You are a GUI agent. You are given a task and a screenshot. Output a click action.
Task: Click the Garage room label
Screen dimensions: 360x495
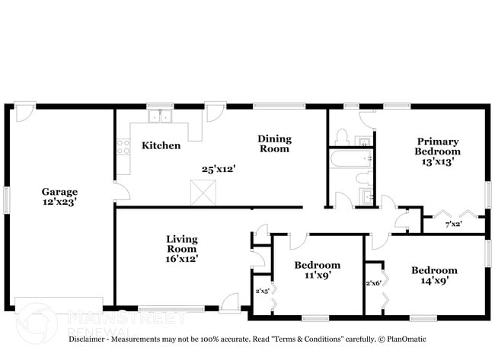click(x=59, y=193)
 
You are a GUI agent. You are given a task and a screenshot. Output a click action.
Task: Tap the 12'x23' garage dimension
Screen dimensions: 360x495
click(x=59, y=203)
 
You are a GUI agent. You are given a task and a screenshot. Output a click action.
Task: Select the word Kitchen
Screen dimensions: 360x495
click(x=161, y=145)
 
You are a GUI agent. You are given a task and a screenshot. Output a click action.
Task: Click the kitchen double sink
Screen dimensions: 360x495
click(x=161, y=117)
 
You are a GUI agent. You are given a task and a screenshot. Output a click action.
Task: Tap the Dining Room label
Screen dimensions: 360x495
click(x=273, y=143)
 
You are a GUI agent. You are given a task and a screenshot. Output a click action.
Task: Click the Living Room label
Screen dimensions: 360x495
click(x=182, y=244)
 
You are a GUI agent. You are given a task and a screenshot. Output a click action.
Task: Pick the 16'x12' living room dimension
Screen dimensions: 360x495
click(x=182, y=259)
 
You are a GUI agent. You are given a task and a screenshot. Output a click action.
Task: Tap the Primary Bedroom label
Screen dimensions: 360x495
click(x=437, y=146)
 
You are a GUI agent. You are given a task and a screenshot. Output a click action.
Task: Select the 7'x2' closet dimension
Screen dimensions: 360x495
click(x=454, y=225)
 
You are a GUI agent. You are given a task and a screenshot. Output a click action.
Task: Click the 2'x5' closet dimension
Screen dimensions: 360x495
click(x=262, y=290)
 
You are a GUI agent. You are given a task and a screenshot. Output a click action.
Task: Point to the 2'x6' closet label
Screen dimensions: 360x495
click(x=373, y=283)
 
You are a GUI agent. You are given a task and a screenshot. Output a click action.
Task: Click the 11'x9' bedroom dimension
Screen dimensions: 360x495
click(x=318, y=276)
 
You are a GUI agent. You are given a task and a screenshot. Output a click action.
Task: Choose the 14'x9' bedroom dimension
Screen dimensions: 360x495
click(x=434, y=281)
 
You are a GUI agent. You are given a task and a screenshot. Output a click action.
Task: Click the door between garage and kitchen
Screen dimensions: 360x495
click(x=116, y=191)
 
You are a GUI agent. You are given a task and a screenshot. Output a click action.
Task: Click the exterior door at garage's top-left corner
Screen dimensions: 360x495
click(x=25, y=112)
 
